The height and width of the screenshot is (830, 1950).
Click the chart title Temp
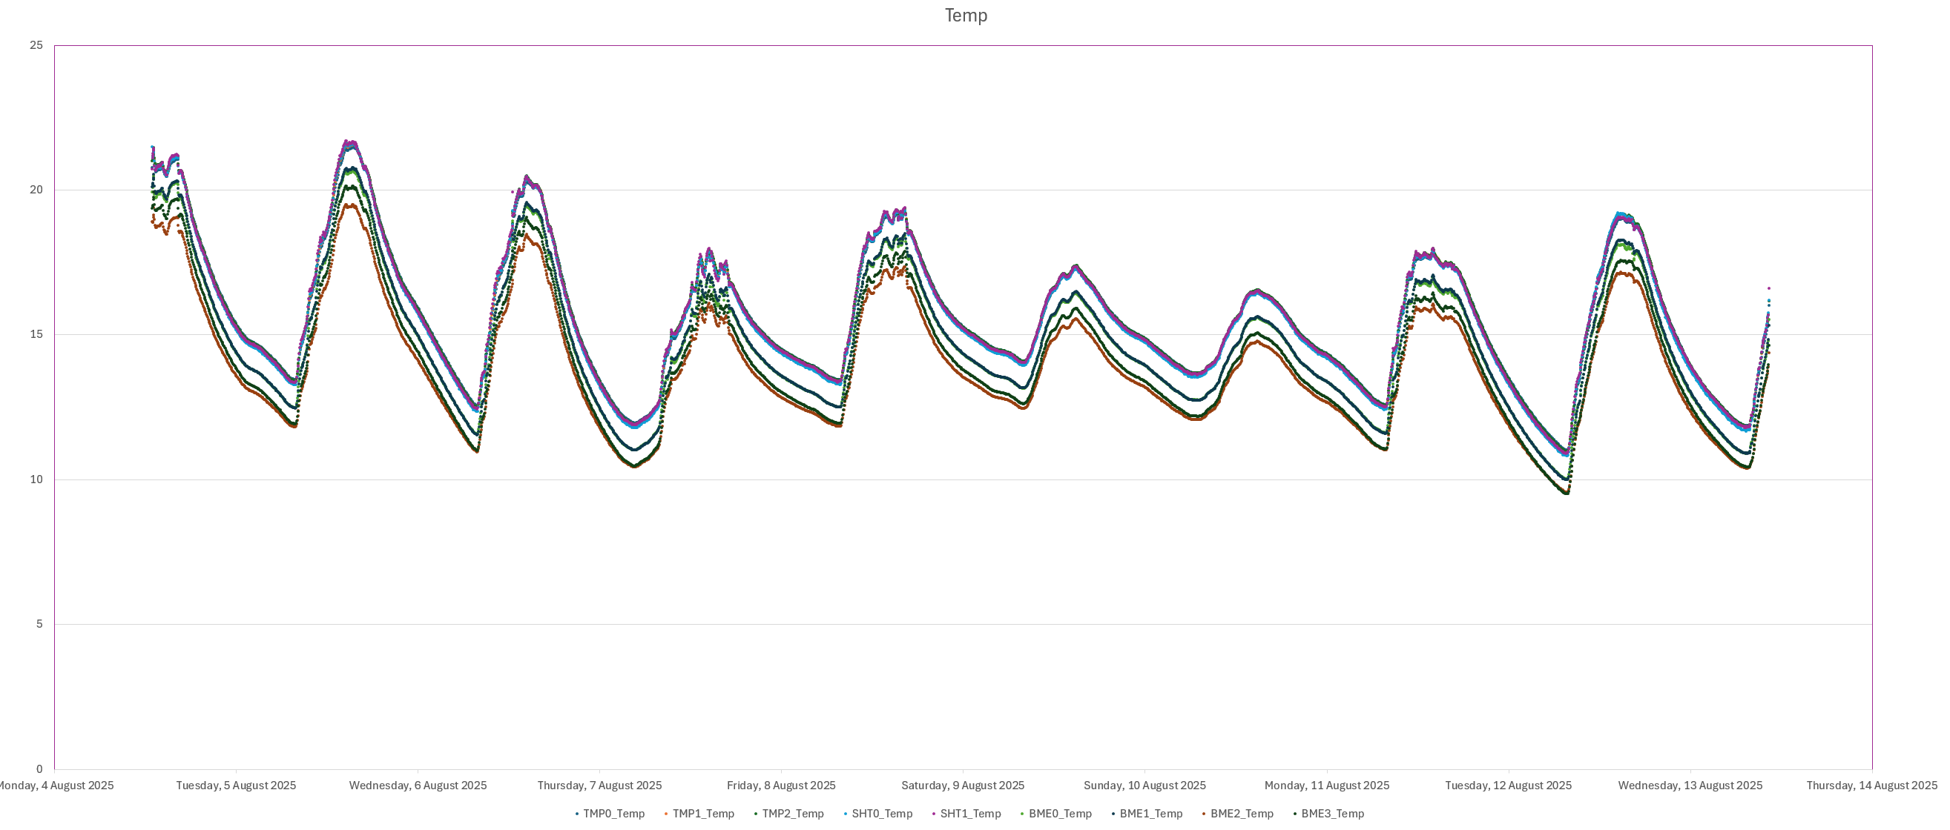[x=965, y=16]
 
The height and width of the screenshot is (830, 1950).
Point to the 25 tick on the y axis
[x=36, y=45]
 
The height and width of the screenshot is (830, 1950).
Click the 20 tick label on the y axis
[x=36, y=190]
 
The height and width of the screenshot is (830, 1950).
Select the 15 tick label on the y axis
[x=36, y=334]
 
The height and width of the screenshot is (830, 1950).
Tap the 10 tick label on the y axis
[x=36, y=479]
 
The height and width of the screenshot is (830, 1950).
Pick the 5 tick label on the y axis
[x=39, y=624]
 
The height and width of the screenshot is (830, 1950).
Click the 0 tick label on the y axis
[x=39, y=768]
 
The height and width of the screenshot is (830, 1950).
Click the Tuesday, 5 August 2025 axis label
[x=236, y=786]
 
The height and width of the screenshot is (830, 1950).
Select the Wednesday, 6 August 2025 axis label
[x=418, y=786]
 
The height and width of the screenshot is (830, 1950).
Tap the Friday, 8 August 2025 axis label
[x=781, y=786]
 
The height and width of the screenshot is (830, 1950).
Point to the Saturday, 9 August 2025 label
[x=963, y=786]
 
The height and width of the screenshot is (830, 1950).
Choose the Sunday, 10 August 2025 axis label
[x=1144, y=786]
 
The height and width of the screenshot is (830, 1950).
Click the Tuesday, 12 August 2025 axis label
[x=1508, y=786]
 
